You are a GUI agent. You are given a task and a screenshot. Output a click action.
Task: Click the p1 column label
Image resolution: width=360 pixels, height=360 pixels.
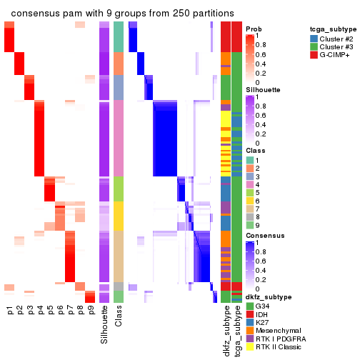(10, 311)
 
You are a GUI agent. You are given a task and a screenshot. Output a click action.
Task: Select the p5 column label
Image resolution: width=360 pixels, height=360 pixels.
(51, 311)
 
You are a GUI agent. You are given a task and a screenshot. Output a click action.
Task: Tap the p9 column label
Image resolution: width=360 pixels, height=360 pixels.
(91, 311)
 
